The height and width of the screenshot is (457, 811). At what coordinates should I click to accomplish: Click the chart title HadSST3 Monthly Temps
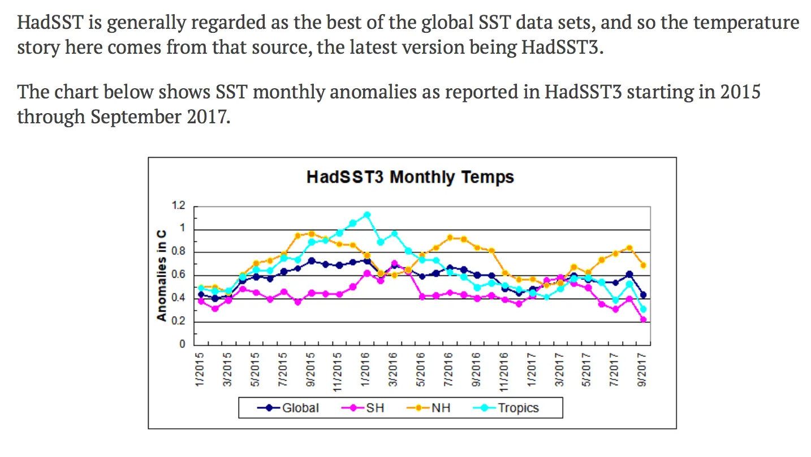(410, 177)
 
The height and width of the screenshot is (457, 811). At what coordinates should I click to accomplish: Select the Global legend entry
(300, 408)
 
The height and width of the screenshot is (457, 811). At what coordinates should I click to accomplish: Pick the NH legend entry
(441, 408)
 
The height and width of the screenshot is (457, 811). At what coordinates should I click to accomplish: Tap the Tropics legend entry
(518, 408)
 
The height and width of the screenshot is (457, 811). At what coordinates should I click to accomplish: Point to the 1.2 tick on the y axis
(179, 206)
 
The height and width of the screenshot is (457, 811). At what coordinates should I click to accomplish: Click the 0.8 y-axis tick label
(179, 252)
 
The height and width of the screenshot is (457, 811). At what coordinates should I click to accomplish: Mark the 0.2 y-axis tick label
(179, 322)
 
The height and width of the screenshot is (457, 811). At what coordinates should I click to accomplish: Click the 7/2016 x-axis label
(449, 370)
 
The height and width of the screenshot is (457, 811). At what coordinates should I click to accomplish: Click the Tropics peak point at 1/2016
(367, 215)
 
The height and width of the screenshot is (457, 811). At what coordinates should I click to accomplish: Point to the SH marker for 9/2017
(644, 320)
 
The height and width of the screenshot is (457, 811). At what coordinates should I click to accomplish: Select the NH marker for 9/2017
(644, 265)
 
